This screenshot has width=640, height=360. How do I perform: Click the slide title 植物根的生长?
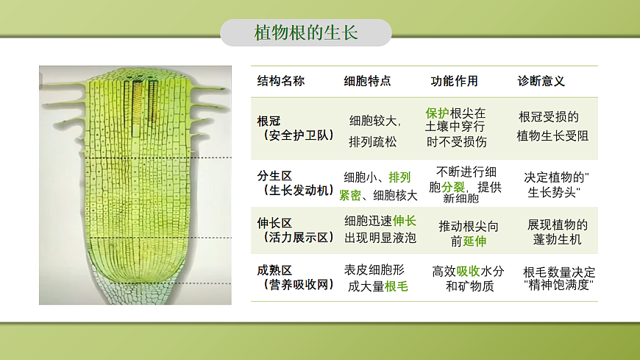pyautogui.click(x=305, y=33)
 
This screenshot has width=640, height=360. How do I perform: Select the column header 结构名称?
pyautogui.click(x=280, y=81)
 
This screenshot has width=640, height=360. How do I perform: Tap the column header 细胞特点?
pyautogui.click(x=367, y=81)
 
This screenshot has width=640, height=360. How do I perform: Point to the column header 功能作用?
pyautogui.click(x=454, y=81)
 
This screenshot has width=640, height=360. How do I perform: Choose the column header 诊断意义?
pyautogui.click(x=541, y=81)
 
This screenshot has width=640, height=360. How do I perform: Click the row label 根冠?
pyautogui.click(x=269, y=120)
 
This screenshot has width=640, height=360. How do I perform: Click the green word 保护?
pyautogui.click(x=437, y=113)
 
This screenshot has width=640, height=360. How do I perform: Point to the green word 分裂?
pyautogui.click(x=453, y=186)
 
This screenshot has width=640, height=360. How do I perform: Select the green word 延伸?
pyautogui.click(x=474, y=241)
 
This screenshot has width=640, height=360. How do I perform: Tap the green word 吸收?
pyautogui.click(x=468, y=271)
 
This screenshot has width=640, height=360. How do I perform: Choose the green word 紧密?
pyautogui.click(x=350, y=195)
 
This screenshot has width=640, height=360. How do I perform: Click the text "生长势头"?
pyautogui.click(x=553, y=193)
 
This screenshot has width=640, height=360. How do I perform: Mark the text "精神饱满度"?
pyautogui.click(x=557, y=286)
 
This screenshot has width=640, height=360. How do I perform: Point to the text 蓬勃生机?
pyautogui.click(x=558, y=240)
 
